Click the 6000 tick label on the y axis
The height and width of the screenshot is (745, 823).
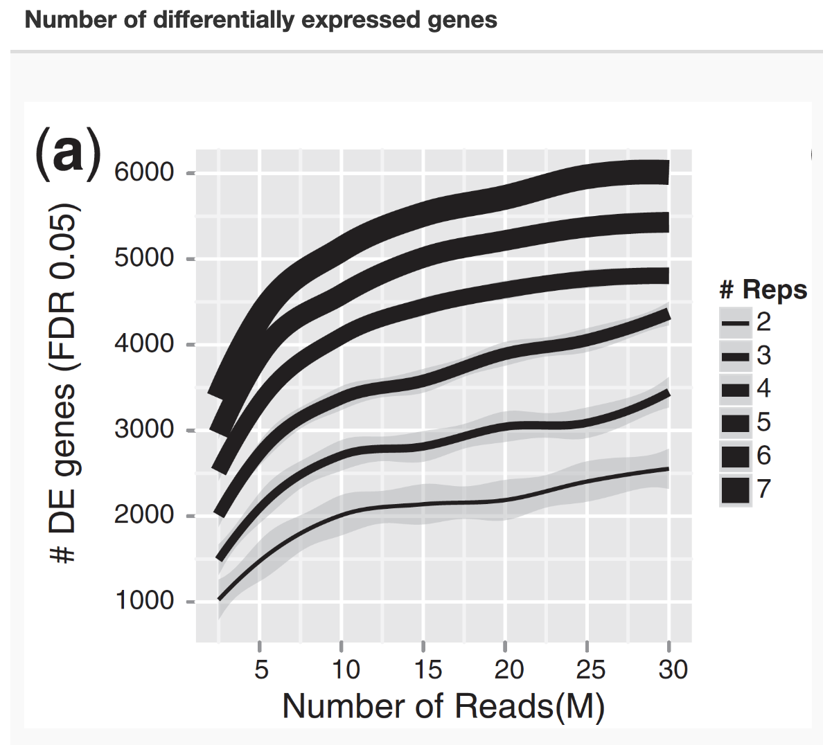tap(143, 173)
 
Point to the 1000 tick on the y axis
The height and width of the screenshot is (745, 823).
tap(143, 601)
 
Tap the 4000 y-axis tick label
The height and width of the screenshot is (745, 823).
tap(143, 344)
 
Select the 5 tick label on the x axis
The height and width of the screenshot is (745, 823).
tap(260, 670)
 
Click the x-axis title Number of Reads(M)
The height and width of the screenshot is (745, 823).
tap(443, 706)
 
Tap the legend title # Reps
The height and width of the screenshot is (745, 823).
tap(763, 289)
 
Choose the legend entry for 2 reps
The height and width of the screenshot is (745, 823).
tap(736, 323)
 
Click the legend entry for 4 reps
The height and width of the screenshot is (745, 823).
tap(736, 390)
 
